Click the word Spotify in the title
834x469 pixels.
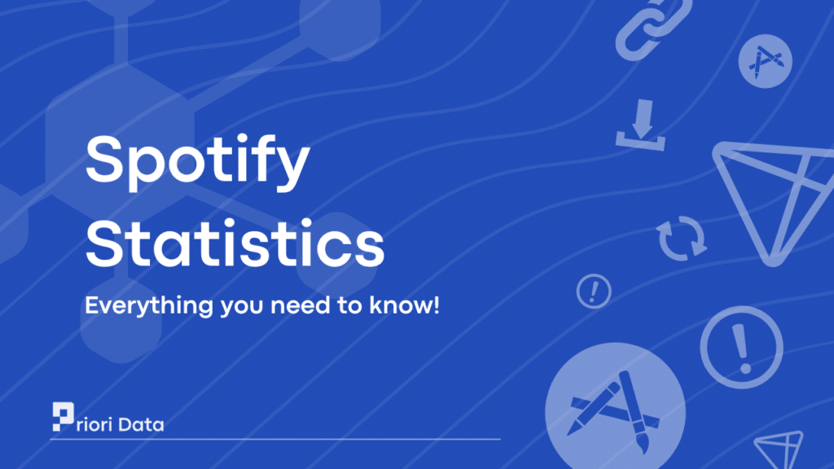[x=197, y=162]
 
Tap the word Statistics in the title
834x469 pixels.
[x=235, y=243]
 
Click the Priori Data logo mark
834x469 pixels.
[x=64, y=416]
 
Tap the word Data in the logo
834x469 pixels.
[x=141, y=424]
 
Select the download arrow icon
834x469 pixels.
[x=641, y=125]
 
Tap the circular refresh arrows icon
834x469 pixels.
[x=682, y=238]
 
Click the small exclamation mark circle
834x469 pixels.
[x=594, y=291]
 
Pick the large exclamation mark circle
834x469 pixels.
[x=741, y=347]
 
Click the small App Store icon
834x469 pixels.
[x=765, y=60]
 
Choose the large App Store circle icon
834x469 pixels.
[x=616, y=410]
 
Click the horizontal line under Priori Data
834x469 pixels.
[x=275, y=439]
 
